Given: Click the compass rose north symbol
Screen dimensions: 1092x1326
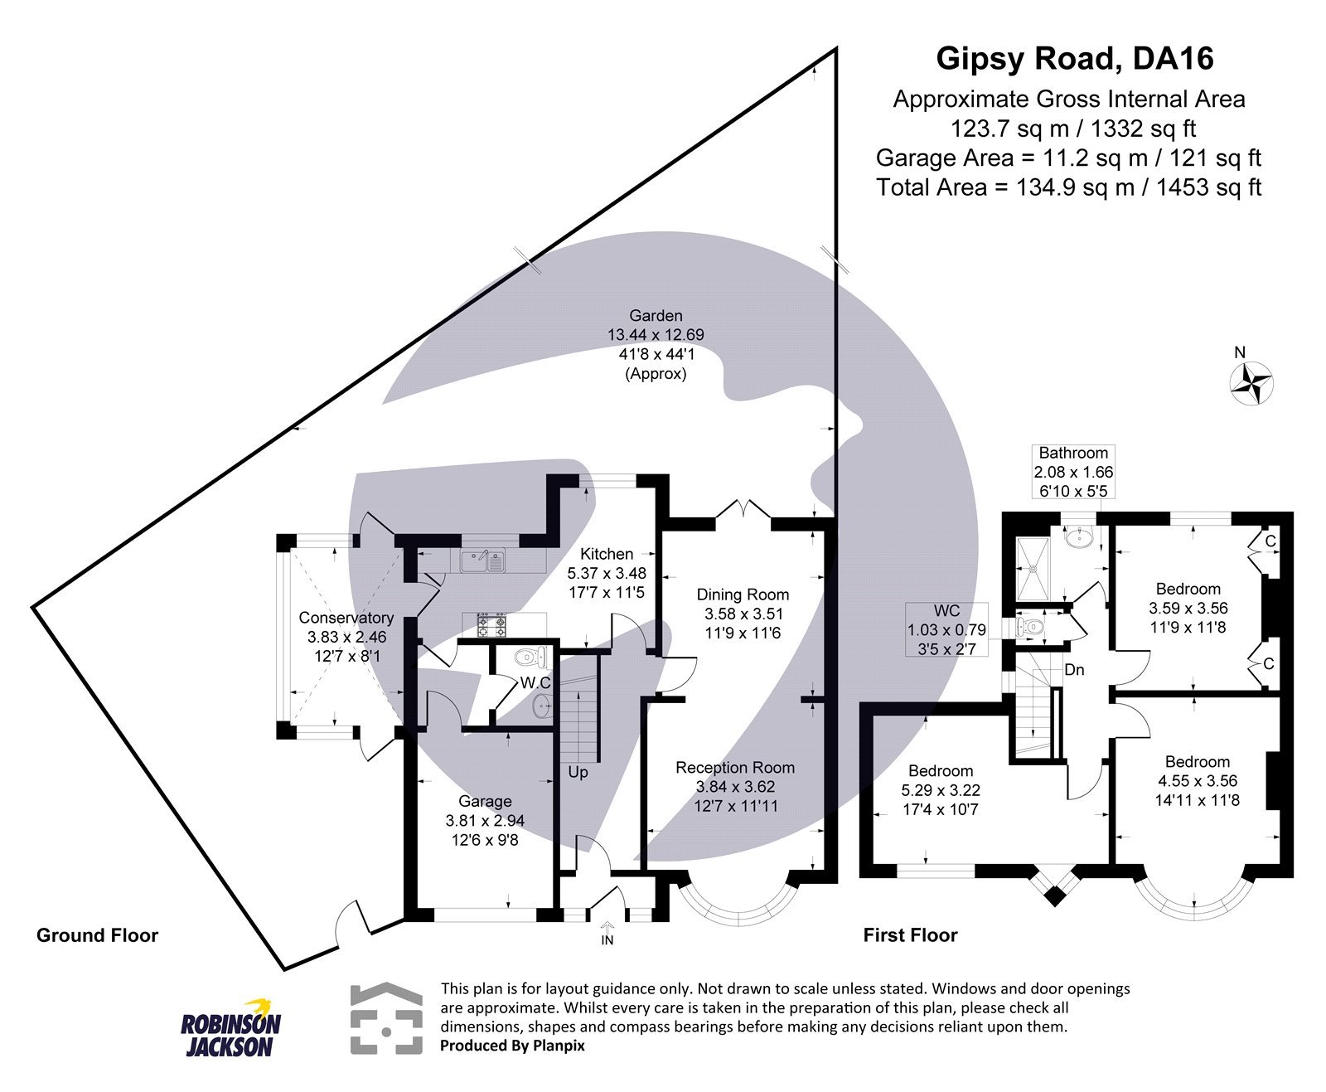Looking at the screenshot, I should point(1251,383).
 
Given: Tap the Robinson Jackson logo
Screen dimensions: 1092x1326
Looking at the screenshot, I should point(230,1029).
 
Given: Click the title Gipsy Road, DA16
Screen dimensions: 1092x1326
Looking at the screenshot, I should point(1075,59).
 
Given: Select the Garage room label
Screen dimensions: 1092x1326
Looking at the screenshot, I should point(485,801).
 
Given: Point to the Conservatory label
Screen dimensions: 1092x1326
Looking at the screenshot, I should point(346,618).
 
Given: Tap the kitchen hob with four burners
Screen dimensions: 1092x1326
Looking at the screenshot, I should point(491,624).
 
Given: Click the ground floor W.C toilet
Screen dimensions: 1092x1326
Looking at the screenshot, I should point(530,658).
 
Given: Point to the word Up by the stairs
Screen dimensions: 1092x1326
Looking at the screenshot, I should point(578,772).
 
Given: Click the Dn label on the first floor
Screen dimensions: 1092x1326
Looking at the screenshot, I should point(1074,669).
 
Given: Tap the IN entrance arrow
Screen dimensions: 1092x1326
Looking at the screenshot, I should point(607,933).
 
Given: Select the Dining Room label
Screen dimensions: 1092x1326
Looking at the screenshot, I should point(743,595).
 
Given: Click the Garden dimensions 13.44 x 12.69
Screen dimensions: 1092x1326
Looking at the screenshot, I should point(656,335).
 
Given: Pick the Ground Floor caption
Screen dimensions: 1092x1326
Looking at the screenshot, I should point(97,935).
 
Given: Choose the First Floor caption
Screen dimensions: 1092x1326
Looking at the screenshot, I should point(910,935).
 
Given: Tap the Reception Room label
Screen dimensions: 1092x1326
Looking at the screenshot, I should point(734,768).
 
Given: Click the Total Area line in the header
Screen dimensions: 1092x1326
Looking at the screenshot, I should point(1068,187).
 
